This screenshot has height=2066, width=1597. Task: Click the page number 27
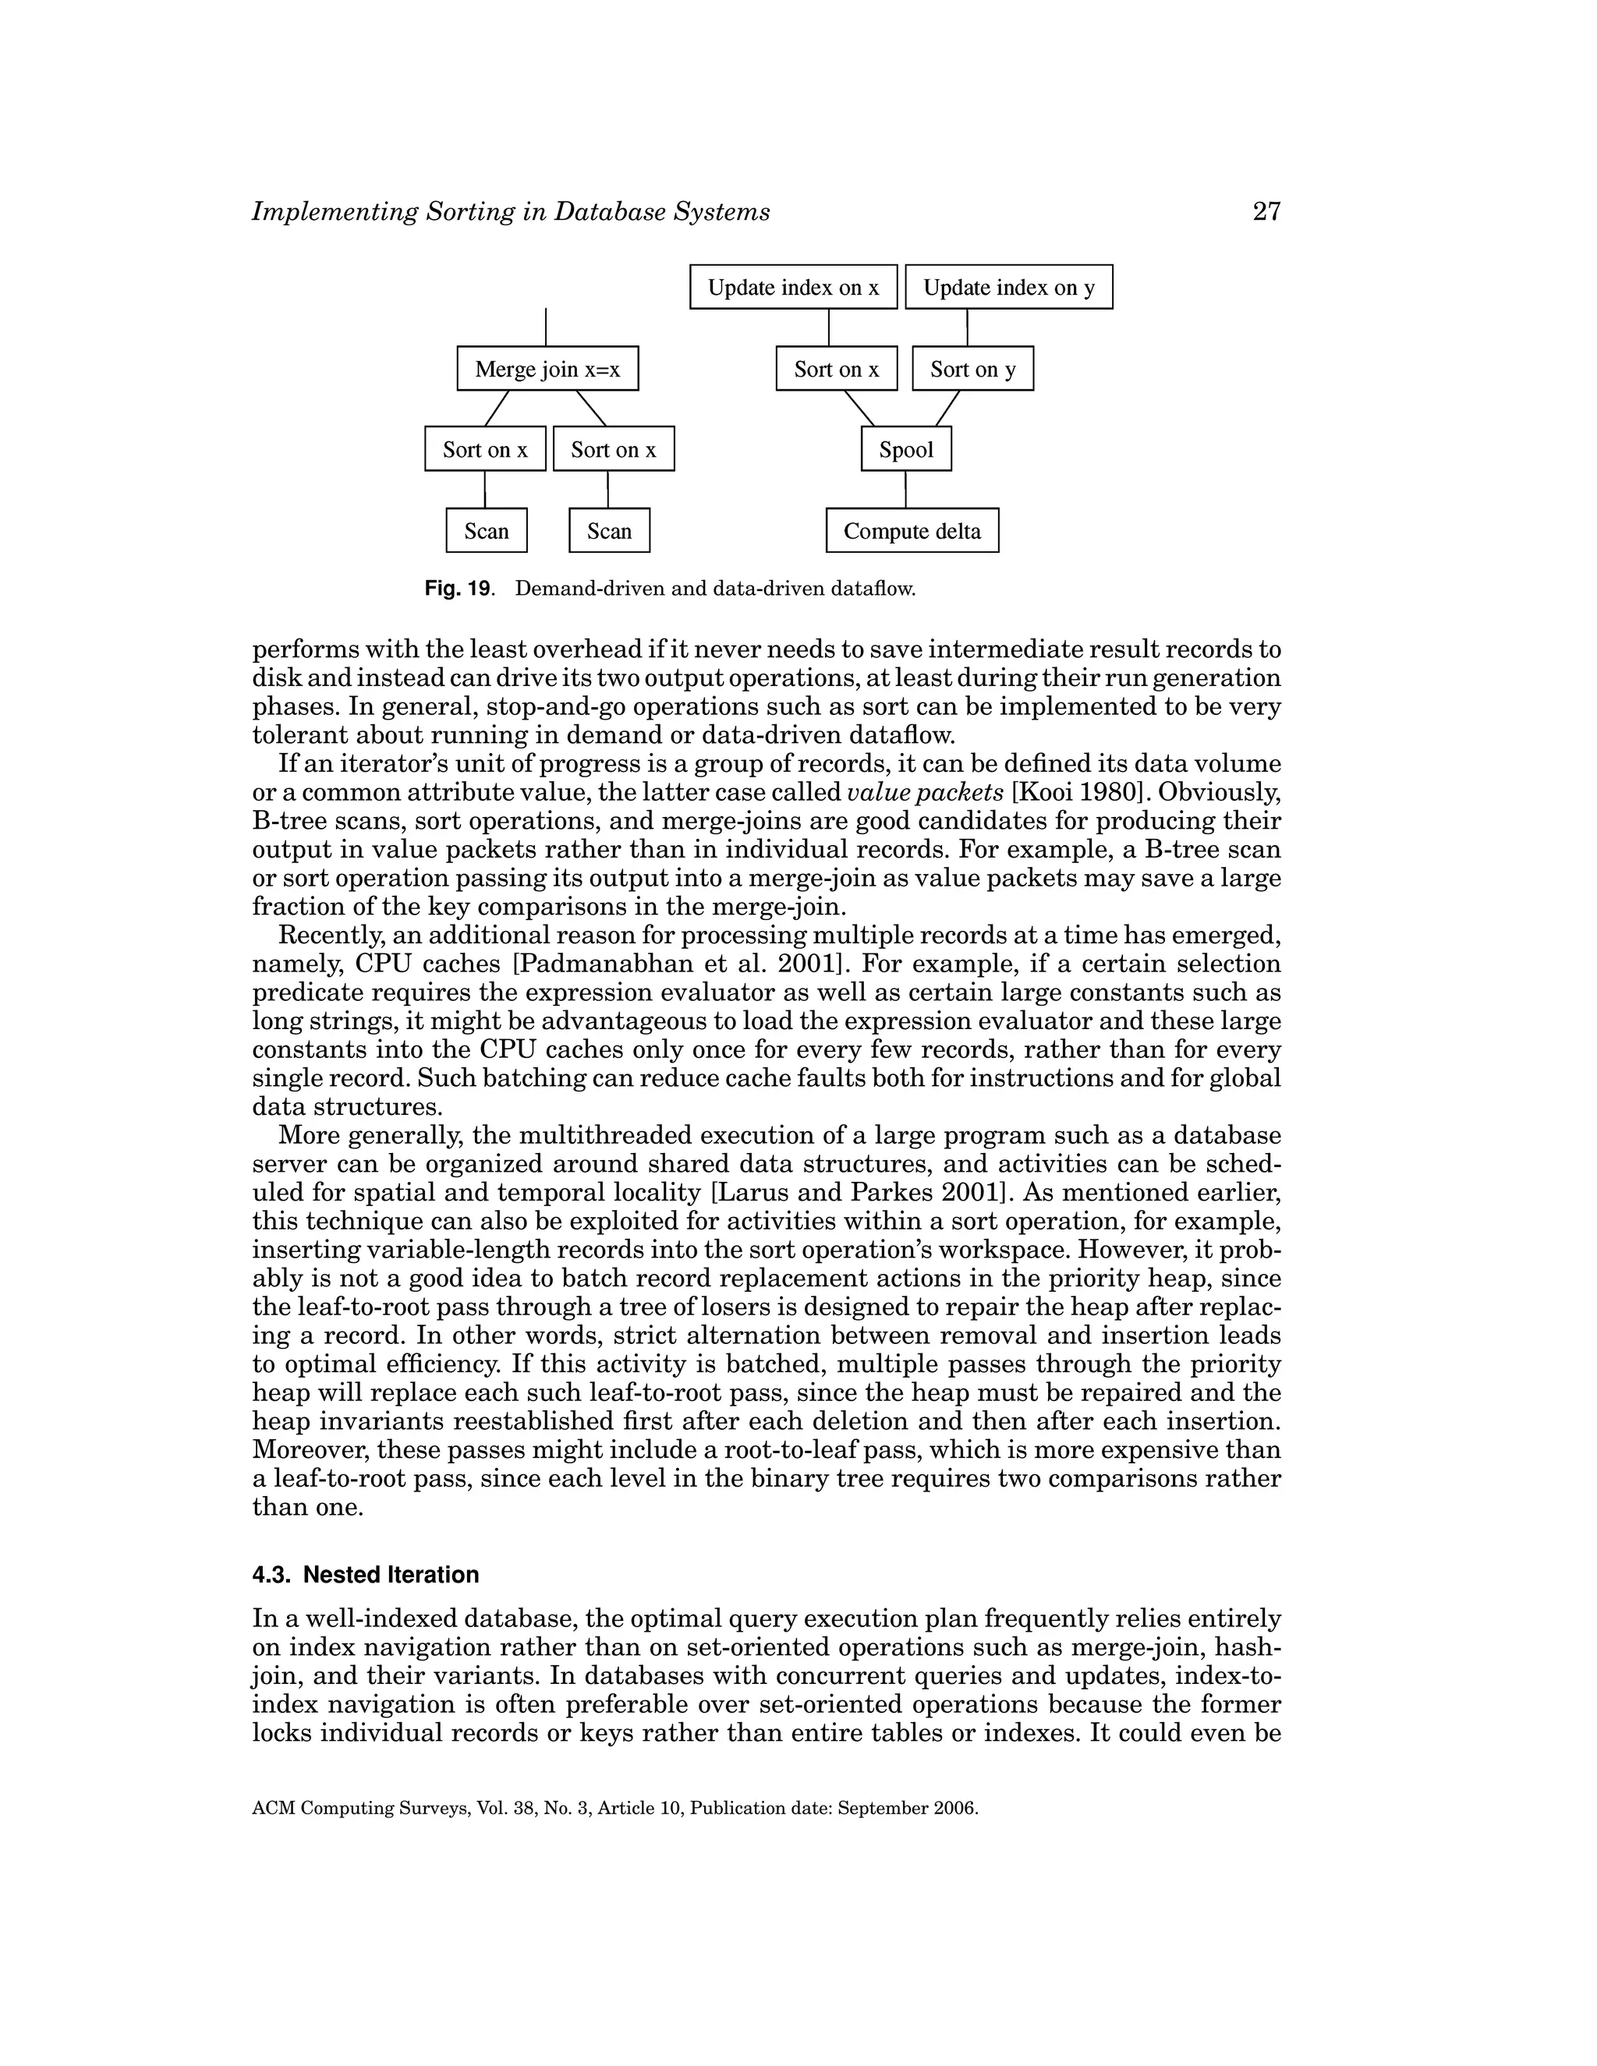(x=1266, y=211)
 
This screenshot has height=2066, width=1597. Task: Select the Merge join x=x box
(x=547, y=369)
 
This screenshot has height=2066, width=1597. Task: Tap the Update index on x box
(x=793, y=288)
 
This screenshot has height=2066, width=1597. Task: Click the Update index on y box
(x=1008, y=288)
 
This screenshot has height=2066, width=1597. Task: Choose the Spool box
(x=905, y=449)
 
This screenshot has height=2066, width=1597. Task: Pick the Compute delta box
(x=912, y=531)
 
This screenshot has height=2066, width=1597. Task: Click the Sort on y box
(x=972, y=369)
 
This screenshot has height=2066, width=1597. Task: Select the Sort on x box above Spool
(x=837, y=369)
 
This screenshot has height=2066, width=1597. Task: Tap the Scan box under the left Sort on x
(x=487, y=531)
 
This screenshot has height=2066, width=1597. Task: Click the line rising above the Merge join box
(x=546, y=327)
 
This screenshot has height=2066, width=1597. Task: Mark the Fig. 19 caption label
(x=458, y=589)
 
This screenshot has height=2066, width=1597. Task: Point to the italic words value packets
(x=924, y=792)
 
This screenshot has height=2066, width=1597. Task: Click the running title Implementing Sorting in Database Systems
(x=511, y=212)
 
